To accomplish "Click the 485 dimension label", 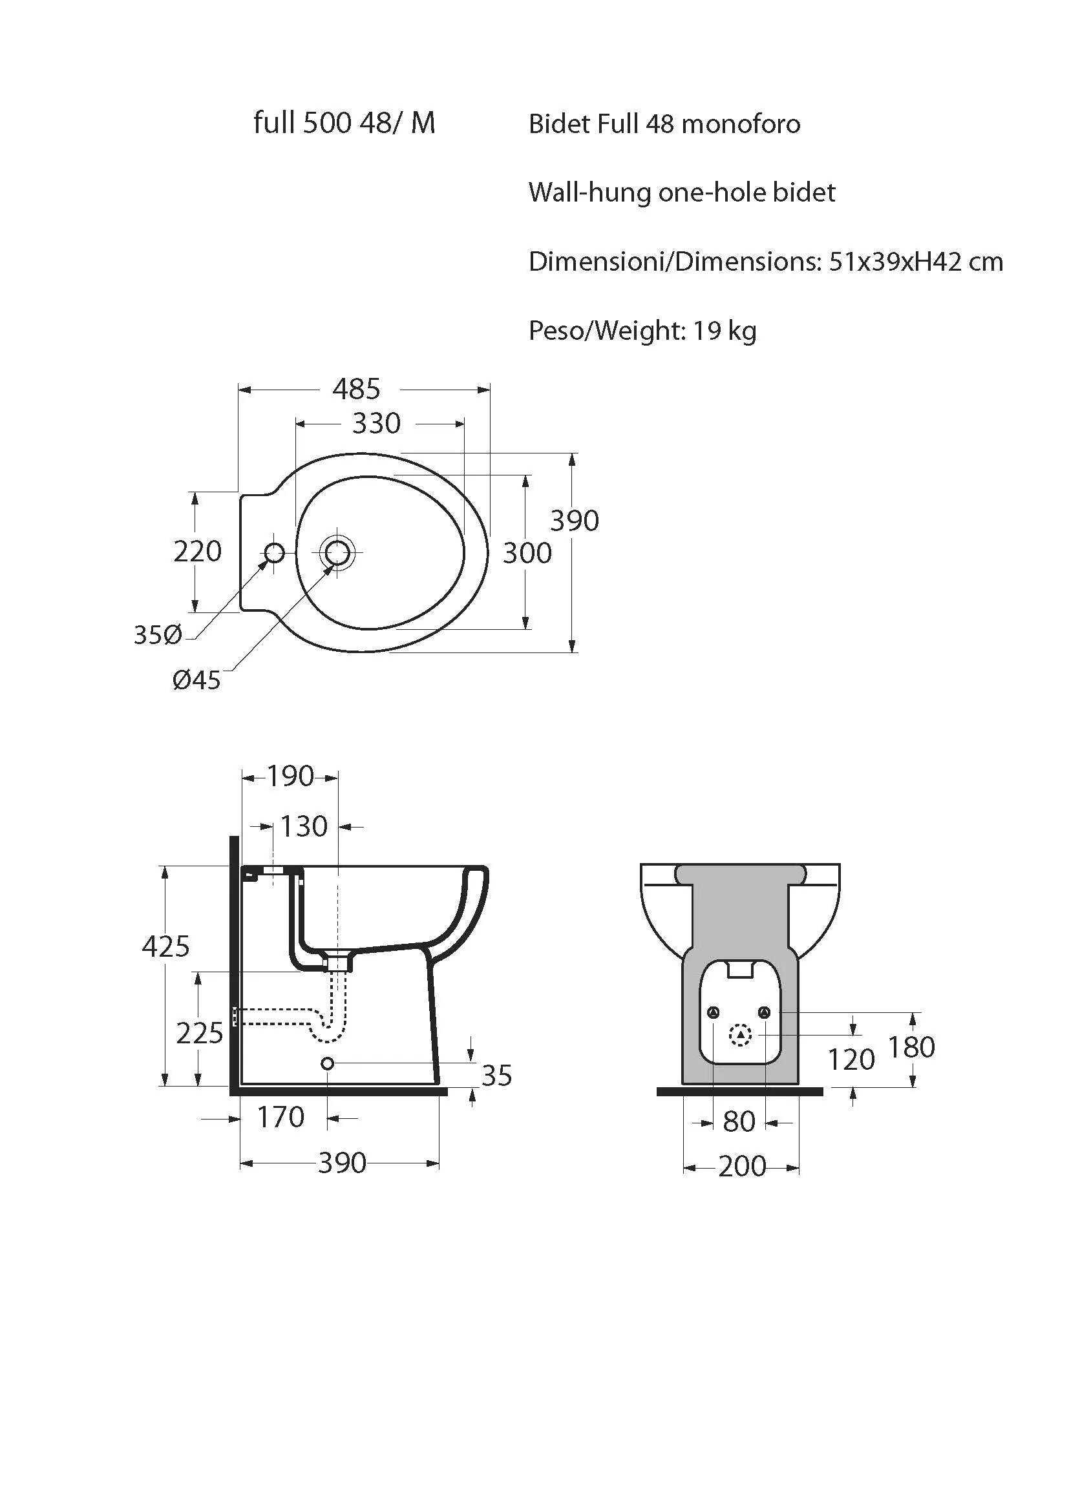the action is (356, 389).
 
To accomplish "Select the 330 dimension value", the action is (376, 423).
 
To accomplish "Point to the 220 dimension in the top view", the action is (198, 551).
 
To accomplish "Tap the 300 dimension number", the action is (527, 553).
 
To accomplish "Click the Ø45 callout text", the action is (197, 680).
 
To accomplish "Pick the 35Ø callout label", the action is (158, 635).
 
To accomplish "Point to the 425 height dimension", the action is (166, 946).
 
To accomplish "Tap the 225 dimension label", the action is (200, 1034).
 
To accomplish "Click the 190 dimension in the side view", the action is (290, 776).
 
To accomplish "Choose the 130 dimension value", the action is (304, 826).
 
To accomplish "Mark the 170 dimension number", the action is (280, 1117).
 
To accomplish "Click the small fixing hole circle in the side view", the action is (327, 1063).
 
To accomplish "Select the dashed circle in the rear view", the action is (741, 1036).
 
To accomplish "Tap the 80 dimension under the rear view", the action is (739, 1121).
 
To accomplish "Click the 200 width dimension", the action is (742, 1167).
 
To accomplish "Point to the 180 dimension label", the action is (912, 1047).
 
